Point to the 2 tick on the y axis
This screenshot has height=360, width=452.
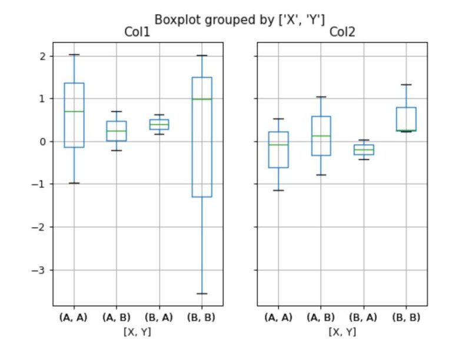[43, 56]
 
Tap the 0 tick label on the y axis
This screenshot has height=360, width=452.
[43, 142]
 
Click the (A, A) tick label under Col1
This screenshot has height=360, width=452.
[74, 318]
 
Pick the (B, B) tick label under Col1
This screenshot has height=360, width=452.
[201, 318]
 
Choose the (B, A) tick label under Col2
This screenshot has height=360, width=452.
[363, 318]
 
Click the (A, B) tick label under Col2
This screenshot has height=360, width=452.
[321, 318]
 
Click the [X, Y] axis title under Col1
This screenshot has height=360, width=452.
[137, 331]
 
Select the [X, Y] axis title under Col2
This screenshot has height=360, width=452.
[342, 331]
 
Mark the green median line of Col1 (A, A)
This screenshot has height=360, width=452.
[74, 111]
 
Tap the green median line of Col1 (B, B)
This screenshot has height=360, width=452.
[202, 99]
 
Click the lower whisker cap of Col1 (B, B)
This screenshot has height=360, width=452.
[202, 293]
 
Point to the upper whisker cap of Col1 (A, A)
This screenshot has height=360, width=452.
[74, 55]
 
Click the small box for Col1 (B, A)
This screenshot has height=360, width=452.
[159, 124]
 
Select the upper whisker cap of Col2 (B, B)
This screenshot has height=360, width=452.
[406, 85]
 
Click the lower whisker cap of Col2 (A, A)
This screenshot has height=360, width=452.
[278, 190]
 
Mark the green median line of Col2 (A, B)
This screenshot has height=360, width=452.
[321, 136]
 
